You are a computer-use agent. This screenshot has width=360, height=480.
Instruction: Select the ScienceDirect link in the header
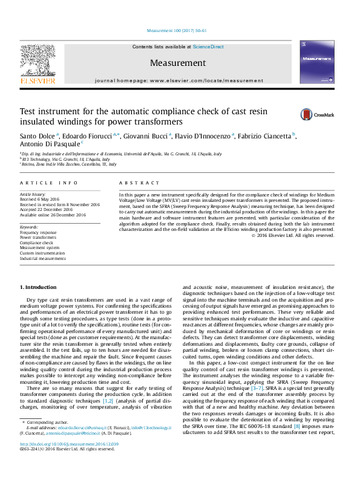208,47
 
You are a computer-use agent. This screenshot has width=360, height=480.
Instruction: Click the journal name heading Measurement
178,63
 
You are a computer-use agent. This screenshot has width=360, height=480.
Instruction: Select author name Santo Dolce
38,136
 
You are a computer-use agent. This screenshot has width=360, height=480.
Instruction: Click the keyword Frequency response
38,232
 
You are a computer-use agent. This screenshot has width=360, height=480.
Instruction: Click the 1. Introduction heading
39,287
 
